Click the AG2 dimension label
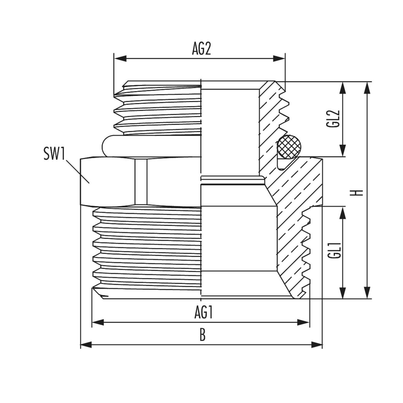(201, 49)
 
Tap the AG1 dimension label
(204, 313)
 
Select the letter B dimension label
(203, 336)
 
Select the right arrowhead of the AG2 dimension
(279, 58)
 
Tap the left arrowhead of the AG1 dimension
(98, 322)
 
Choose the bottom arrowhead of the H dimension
(366, 293)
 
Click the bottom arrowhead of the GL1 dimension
(343, 293)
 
